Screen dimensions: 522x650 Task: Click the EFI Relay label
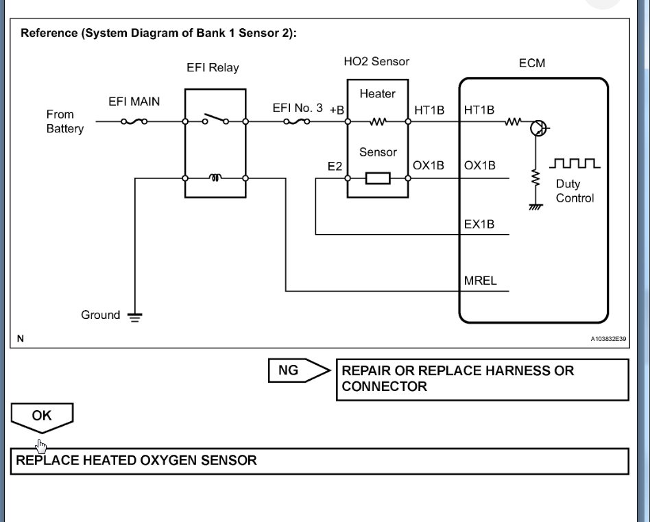pyautogui.click(x=213, y=69)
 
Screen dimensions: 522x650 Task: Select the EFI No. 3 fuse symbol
pyautogui.click(x=297, y=123)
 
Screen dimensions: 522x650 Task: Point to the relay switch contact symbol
pyautogui.click(x=215, y=122)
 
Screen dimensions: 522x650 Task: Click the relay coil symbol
pyautogui.click(x=215, y=178)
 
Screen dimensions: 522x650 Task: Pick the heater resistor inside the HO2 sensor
pyautogui.click(x=377, y=123)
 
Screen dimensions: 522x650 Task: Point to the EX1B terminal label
pyautogui.click(x=479, y=224)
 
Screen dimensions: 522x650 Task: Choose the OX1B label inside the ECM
pyautogui.click(x=479, y=166)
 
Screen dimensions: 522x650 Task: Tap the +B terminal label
pyautogui.click(x=337, y=110)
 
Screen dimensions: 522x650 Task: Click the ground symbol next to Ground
pyautogui.click(x=136, y=316)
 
